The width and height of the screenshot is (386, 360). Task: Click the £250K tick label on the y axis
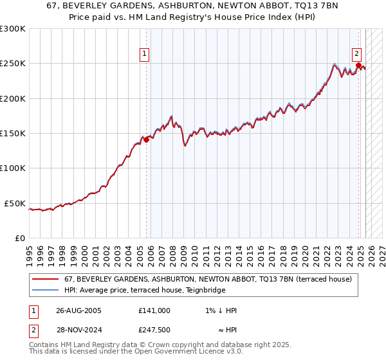pos(12,64)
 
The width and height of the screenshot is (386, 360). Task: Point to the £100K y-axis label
pos(12,168)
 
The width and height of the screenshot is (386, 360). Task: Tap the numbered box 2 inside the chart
pos(356,54)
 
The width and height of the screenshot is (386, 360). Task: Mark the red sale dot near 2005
pos(147,139)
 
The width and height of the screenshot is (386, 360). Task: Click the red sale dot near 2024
pos(358,65)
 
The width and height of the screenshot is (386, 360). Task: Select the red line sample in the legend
pos(45,280)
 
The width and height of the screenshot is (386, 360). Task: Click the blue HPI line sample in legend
pos(45,291)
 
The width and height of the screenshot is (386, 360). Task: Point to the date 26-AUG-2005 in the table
pos(78,310)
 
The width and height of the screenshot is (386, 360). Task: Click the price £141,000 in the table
pos(154,310)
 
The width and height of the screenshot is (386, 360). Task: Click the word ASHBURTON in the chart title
pos(163,4)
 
